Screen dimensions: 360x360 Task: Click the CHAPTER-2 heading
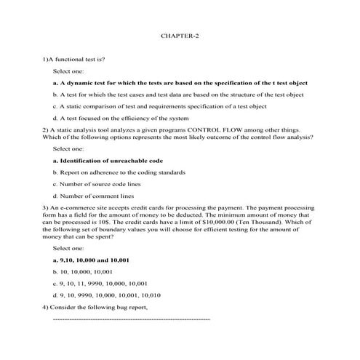coord(180,34)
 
